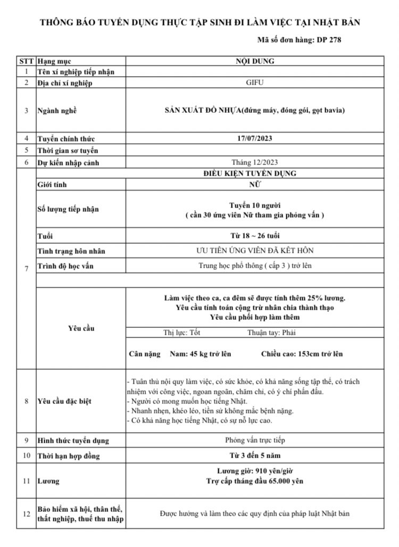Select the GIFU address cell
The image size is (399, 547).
tap(255, 82)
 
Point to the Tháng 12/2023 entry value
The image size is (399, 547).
tap(255, 162)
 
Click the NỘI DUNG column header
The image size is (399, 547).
tap(255, 61)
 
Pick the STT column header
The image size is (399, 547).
tap(26, 61)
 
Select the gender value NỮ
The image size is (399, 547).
tap(255, 185)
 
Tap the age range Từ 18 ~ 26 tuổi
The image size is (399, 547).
tap(255, 235)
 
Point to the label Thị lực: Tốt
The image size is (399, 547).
tap(181, 333)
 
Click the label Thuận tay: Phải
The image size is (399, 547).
tap(271, 333)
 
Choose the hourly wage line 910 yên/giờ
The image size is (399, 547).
tap(255, 471)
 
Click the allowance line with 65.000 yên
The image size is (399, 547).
tap(255, 481)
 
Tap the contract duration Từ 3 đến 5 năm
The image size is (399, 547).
tap(255, 455)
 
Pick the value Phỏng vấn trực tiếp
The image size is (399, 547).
tap(255, 440)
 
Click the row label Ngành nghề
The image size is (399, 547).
tap(57, 111)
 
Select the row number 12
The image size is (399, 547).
tap(26, 513)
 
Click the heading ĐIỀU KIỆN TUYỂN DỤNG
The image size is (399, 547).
tap(255, 173)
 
